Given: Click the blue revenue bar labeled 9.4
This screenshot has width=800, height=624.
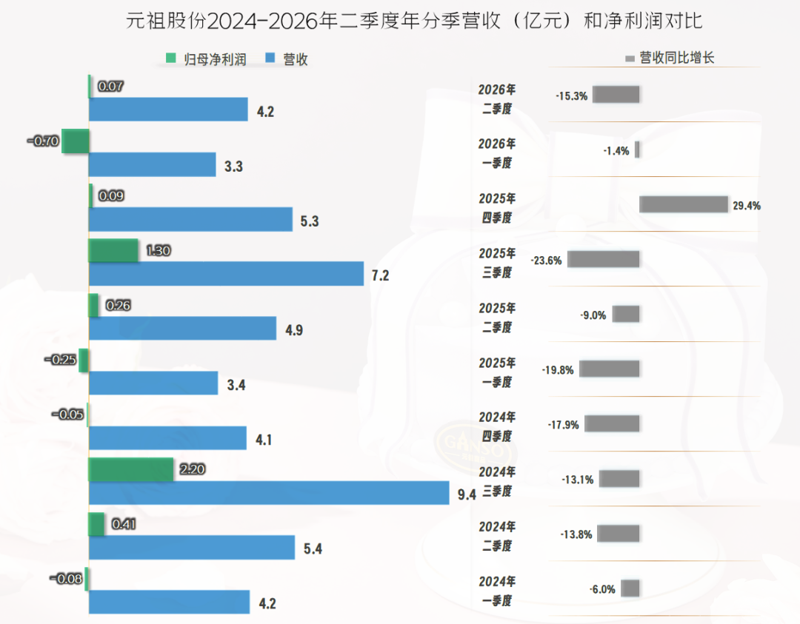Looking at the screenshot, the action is click(x=269, y=493).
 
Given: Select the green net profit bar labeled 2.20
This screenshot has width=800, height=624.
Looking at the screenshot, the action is click(x=131, y=469).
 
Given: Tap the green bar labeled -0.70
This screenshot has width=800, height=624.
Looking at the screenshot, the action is click(x=76, y=141).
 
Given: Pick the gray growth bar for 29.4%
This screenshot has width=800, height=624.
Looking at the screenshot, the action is click(x=684, y=204).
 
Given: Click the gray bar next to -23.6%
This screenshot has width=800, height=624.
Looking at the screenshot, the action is click(x=604, y=259).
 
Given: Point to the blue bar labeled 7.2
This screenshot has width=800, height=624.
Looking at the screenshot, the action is click(x=226, y=274).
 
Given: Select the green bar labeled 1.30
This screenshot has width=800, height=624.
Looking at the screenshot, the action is click(x=113, y=250).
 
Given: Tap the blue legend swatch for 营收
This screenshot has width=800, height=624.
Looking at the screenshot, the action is click(x=270, y=58).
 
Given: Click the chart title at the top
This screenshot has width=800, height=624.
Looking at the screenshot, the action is click(x=414, y=21).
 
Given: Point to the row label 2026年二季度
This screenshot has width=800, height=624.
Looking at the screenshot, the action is click(x=497, y=99).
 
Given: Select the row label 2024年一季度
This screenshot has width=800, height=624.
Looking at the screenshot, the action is click(x=497, y=591).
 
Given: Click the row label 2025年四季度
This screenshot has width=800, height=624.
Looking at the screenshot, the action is click(x=497, y=208).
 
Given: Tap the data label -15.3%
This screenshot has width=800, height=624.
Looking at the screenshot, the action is click(x=571, y=96).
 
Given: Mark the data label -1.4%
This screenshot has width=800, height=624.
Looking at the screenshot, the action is click(x=616, y=151).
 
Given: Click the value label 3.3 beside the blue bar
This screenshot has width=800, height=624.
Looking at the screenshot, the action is click(x=233, y=167).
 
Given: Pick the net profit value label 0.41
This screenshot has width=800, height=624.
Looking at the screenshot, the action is click(x=124, y=524).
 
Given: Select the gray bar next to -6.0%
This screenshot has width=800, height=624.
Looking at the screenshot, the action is click(x=630, y=588).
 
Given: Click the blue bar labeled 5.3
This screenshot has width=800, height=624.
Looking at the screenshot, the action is click(x=191, y=219).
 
